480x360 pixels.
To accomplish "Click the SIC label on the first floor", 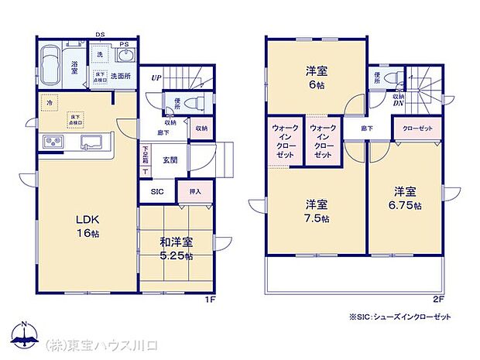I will (x=157, y=191).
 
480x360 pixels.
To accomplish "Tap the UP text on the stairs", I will (x=157, y=78).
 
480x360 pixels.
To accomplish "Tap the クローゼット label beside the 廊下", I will (x=419, y=128).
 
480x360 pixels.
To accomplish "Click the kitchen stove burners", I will (x=53, y=142).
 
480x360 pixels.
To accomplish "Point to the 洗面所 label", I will (x=120, y=77).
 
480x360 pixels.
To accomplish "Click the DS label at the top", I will (x=100, y=34).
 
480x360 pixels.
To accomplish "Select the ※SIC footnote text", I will (x=400, y=317).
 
